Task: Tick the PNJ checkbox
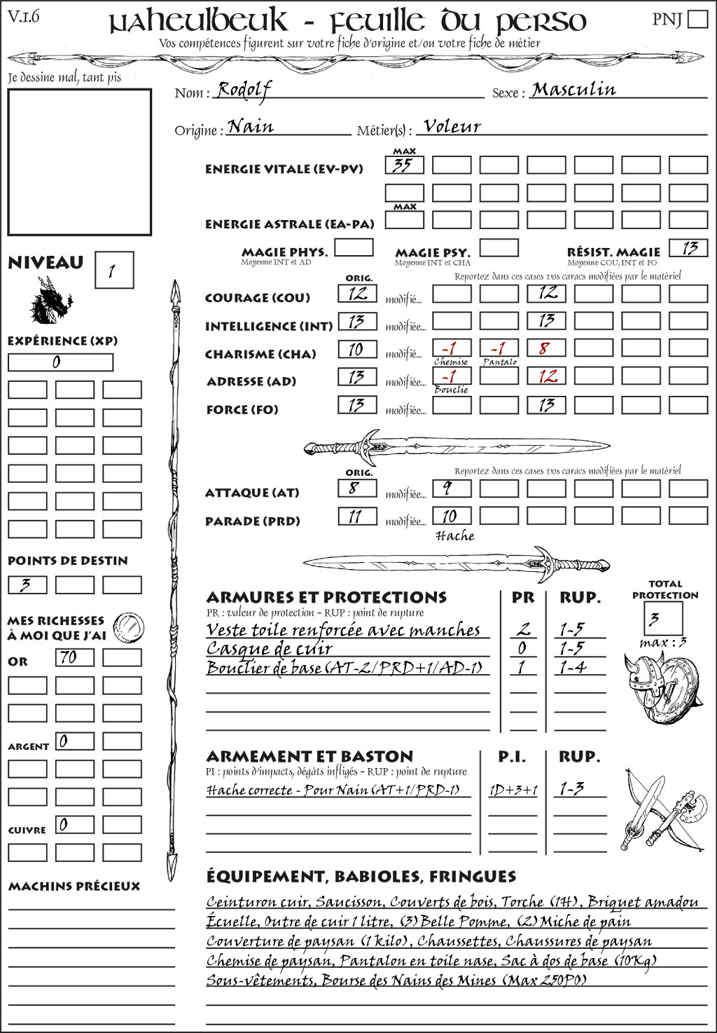click(x=697, y=18)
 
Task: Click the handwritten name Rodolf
click(x=243, y=90)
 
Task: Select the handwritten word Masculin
click(x=573, y=90)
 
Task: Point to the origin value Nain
click(x=251, y=127)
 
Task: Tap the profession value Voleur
click(x=452, y=127)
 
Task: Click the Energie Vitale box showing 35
click(x=404, y=165)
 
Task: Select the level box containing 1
click(x=113, y=271)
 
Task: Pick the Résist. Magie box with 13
click(x=688, y=248)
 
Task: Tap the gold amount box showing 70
click(x=74, y=657)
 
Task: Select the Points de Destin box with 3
click(x=27, y=584)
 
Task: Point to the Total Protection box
click(x=663, y=618)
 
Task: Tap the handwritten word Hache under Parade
click(x=455, y=536)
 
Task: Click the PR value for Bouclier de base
click(x=521, y=667)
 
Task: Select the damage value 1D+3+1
click(x=513, y=790)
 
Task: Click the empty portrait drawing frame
click(x=79, y=162)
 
